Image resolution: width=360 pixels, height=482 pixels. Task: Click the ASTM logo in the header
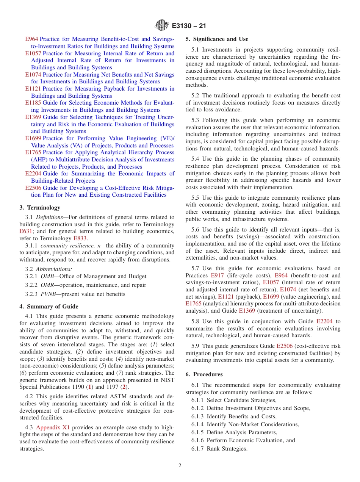[162, 26]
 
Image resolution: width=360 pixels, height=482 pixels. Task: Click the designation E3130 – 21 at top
[189, 26]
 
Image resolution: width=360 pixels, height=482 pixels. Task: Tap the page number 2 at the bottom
[180, 466]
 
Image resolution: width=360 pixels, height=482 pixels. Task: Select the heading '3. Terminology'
[40, 208]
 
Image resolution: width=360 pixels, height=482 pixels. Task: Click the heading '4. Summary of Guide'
[49, 307]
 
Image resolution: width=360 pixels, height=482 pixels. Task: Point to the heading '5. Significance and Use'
[217, 39]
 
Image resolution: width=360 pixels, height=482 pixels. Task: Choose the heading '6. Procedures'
[204, 374]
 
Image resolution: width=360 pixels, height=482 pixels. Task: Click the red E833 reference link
[80, 238]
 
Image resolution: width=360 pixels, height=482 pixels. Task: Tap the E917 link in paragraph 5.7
[217, 275]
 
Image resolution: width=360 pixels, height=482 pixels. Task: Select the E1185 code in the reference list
[33, 103]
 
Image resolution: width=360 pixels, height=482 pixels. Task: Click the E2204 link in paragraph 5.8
[324, 321]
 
